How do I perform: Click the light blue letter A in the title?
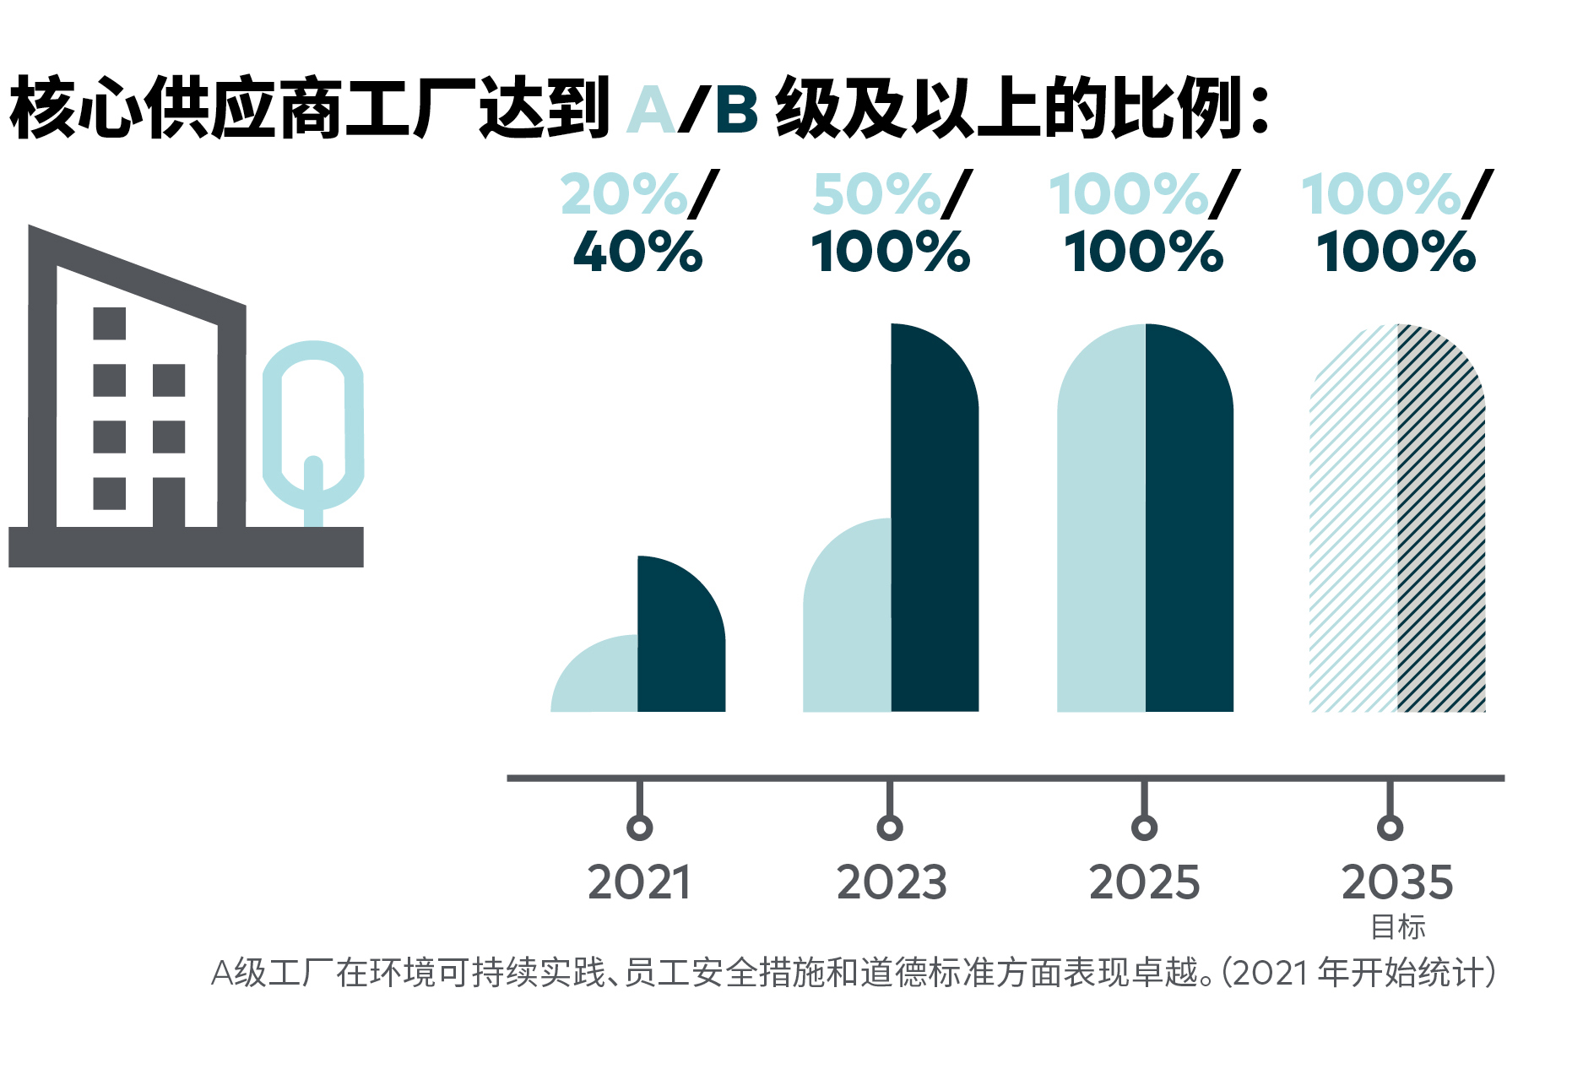651,111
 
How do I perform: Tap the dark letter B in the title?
736,111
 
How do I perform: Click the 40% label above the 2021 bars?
638,252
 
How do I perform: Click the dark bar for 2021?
680,642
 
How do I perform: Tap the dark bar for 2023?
935,524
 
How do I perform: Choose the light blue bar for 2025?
1102,524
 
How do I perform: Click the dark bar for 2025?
1189,524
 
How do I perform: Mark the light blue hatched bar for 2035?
1354,524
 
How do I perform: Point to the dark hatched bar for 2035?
1440,524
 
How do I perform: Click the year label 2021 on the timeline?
639,883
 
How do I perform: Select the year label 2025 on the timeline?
1144,883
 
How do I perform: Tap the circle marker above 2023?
890,828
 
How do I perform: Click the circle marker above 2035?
1390,828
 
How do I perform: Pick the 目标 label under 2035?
1398,927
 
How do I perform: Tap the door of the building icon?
169,503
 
